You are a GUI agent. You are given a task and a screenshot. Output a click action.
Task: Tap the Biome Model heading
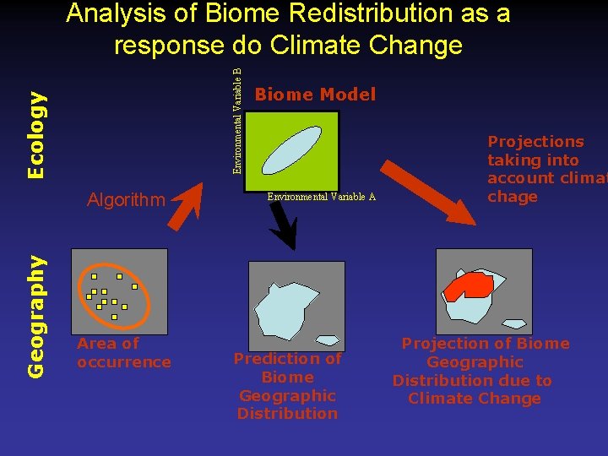(x=315, y=95)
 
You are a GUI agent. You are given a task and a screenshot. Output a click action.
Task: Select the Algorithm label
(x=127, y=200)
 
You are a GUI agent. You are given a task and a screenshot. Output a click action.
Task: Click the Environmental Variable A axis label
(x=321, y=197)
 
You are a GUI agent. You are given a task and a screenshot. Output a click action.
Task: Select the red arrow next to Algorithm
(x=193, y=202)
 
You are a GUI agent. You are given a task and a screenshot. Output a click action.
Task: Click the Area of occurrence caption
(x=123, y=353)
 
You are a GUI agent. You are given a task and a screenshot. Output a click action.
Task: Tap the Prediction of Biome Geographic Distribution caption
(x=288, y=386)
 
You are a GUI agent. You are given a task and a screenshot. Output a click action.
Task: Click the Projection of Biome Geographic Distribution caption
(x=474, y=371)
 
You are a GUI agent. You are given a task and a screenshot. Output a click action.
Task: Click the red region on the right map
(x=467, y=286)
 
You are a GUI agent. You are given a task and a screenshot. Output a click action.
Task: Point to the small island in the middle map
(x=327, y=340)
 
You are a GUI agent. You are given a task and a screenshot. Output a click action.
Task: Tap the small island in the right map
(x=513, y=323)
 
